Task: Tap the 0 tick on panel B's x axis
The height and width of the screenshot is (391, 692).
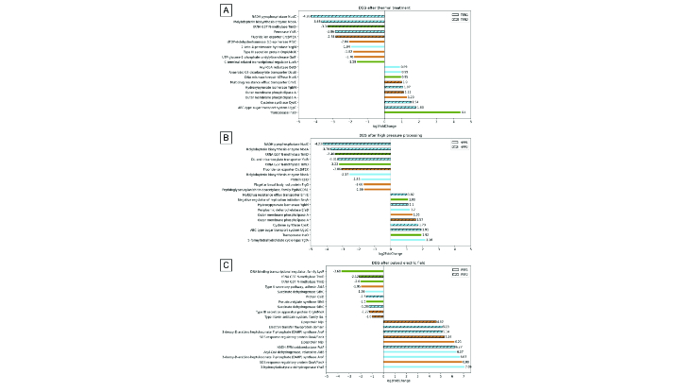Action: [384, 246]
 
